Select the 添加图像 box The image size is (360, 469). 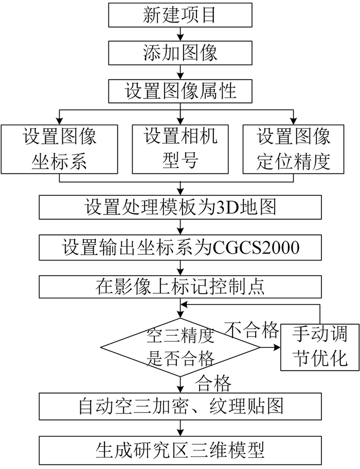click(179, 52)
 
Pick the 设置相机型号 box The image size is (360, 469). click(179, 149)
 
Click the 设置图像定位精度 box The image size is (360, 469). click(294, 149)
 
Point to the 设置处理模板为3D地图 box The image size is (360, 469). click(179, 208)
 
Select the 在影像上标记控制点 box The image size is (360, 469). click(179, 286)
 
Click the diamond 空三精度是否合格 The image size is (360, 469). click(179, 348)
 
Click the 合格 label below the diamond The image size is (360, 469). click(214, 383)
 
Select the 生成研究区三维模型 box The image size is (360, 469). click(179, 450)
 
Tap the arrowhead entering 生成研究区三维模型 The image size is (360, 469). click(179, 434)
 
